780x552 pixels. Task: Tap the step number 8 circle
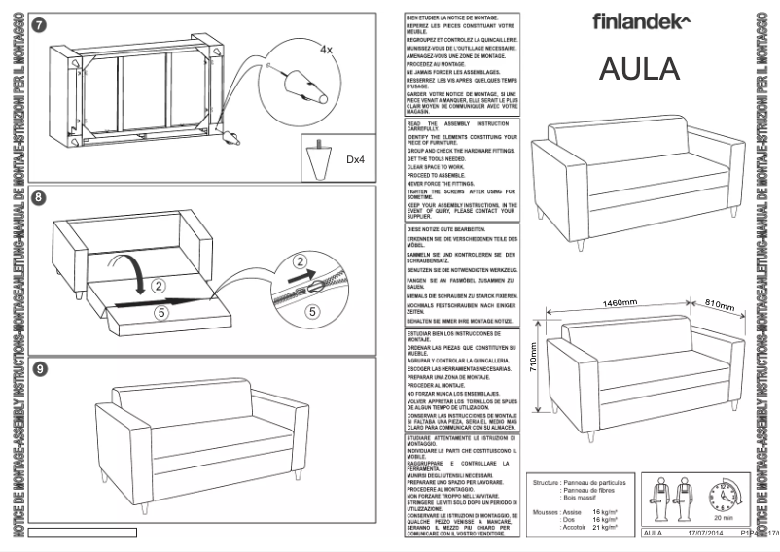[x=37, y=198]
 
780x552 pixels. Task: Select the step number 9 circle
[x=37, y=368]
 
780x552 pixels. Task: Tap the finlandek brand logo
[x=641, y=20]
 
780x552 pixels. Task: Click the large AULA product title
[x=638, y=70]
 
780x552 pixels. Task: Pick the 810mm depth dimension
[x=720, y=305]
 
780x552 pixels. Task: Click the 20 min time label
[x=723, y=520]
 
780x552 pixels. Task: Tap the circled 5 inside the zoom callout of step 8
[x=311, y=312]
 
